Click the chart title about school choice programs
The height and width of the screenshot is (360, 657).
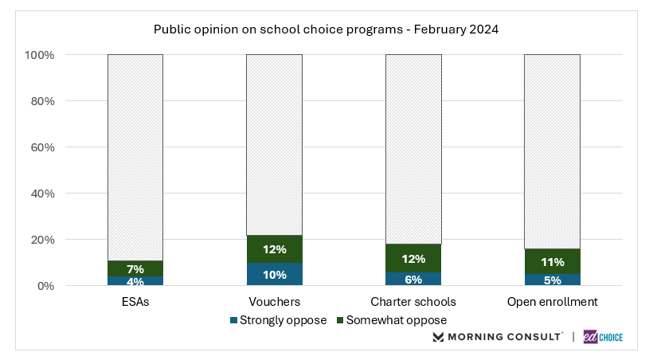(x=328, y=29)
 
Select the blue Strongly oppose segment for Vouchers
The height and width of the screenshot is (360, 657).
(x=274, y=274)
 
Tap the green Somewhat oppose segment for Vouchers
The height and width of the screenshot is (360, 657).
(x=274, y=249)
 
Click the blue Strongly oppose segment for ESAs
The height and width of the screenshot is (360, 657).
(x=135, y=280)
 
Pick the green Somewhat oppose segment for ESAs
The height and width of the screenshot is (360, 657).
(x=135, y=268)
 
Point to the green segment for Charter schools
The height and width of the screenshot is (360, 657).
(x=413, y=258)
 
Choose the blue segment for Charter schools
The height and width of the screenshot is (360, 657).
(x=413, y=279)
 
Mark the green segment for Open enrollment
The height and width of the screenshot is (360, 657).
(x=552, y=261)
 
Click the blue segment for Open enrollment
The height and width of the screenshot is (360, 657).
(x=552, y=280)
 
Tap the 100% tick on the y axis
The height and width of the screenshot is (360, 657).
(x=40, y=55)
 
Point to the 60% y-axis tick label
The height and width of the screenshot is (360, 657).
(x=42, y=147)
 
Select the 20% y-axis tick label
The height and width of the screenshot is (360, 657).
(x=42, y=240)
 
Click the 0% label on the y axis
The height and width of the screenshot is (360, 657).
(x=45, y=286)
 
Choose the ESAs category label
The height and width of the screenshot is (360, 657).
(x=135, y=303)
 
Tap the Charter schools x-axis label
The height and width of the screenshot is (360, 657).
(x=413, y=303)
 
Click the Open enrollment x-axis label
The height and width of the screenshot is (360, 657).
(x=552, y=303)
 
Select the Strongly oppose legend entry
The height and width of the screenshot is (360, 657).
(x=278, y=320)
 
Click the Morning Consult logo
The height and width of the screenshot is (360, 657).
(x=498, y=337)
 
